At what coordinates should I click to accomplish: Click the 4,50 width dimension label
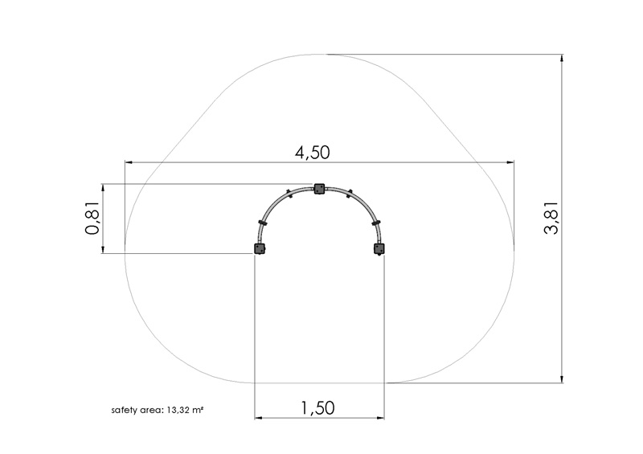coord(313,153)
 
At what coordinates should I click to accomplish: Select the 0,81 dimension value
coord(92,218)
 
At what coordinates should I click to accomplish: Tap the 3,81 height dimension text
coord(551,218)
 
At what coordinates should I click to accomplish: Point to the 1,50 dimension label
coord(317,408)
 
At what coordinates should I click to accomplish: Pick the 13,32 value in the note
coord(178,410)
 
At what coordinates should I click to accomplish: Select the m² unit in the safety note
coord(197,409)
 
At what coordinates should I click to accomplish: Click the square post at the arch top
coord(319,189)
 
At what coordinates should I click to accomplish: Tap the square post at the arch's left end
coord(260,248)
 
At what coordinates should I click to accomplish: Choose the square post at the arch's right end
coord(379,248)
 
